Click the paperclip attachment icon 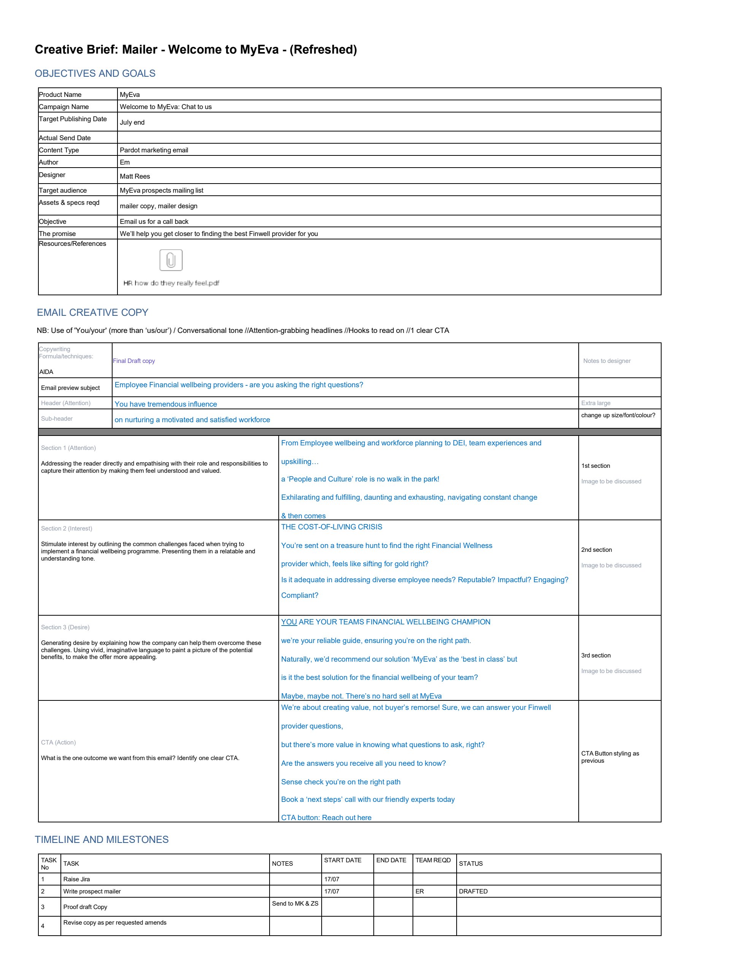pyautogui.click(x=171, y=260)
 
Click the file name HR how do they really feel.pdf pyautogui.click(x=171, y=283)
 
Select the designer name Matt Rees pyautogui.click(x=135, y=176)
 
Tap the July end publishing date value pyautogui.click(x=132, y=122)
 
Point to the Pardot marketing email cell pyautogui.click(x=154, y=150)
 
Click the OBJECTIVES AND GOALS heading pyautogui.click(x=95, y=73)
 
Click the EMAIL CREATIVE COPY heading pyautogui.click(x=92, y=312)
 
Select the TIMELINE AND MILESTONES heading pyautogui.click(x=102, y=839)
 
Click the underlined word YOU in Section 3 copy pyautogui.click(x=289, y=622)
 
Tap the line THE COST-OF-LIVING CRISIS pyautogui.click(x=332, y=527)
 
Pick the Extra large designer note pyautogui.click(x=595, y=403)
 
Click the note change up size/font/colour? pyautogui.click(x=618, y=415)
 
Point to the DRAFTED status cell pyautogui.click(x=473, y=891)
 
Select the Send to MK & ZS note pyautogui.click(x=295, y=903)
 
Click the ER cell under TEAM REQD pyautogui.click(x=420, y=891)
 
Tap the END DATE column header pyautogui.click(x=391, y=860)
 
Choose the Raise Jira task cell pyautogui.click(x=76, y=879)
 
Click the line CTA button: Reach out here pyautogui.click(x=326, y=817)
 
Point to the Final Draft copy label pyautogui.click(x=133, y=361)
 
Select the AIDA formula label pyautogui.click(x=46, y=372)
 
